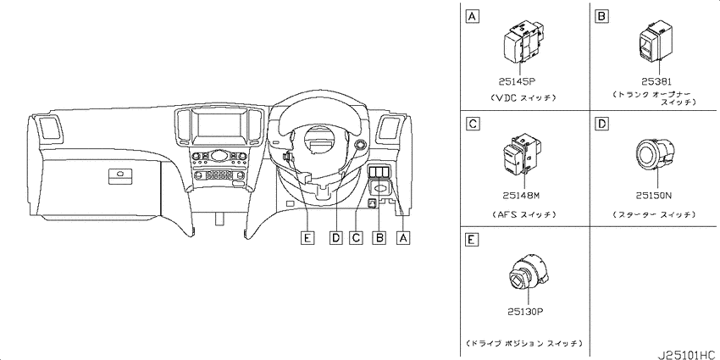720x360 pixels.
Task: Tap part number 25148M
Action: point(520,196)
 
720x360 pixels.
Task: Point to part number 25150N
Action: point(653,196)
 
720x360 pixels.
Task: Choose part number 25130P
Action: point(525,312)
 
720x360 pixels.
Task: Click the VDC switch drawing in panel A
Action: point(523,42)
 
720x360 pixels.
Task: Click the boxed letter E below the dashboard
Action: point(307,238)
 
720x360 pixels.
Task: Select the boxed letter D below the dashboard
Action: point(335,238)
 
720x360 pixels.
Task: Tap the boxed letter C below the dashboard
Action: point(356,238)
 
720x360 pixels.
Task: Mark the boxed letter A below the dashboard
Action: point(403,238)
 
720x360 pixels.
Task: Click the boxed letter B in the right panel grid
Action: point(601,17)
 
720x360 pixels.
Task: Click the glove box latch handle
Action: point(120,176)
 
